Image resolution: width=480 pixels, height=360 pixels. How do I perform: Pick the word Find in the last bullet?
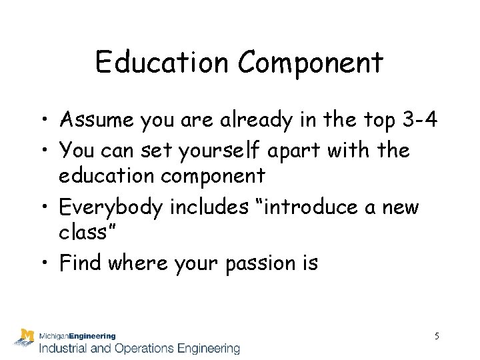point(77,263)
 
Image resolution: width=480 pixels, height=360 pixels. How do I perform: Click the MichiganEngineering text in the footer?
point(77,337)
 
